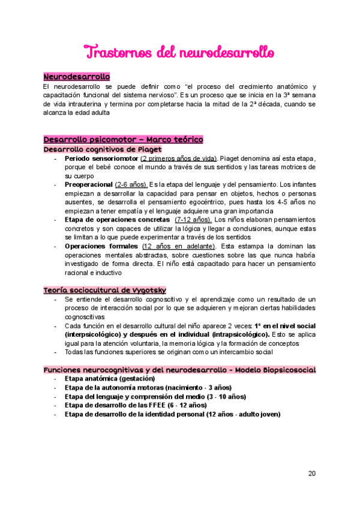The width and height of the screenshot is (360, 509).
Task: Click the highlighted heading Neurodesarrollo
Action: point(76,77)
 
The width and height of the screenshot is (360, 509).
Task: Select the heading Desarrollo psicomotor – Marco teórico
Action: point(123,140)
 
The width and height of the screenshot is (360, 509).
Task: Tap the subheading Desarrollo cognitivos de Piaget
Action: point(102,149)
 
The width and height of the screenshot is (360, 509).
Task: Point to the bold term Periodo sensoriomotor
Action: point(101,158)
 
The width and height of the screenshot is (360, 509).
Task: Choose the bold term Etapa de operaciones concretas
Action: point(117,220)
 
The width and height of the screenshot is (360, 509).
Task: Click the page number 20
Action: point(311,474)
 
